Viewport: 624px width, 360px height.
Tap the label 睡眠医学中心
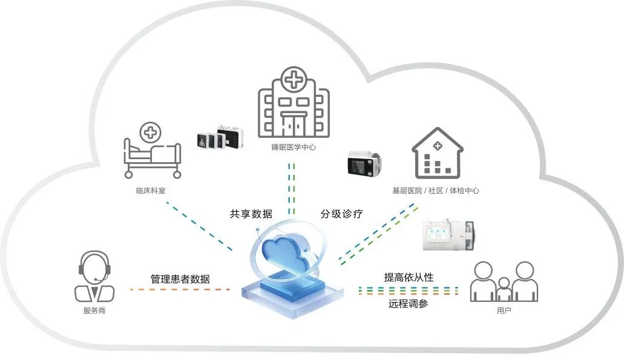(x=294, y=147)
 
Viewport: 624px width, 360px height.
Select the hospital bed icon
(x=152, y=157)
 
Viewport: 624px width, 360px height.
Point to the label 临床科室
(x=151, y=189)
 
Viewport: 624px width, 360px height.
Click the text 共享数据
(x=251, y=214)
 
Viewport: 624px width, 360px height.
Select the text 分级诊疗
(x=341, y=214)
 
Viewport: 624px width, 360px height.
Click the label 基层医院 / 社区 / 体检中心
(x=436, y=190)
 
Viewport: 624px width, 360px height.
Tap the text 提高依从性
(x=409, y=277)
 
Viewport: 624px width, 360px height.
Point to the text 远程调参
(x=408, y=304)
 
